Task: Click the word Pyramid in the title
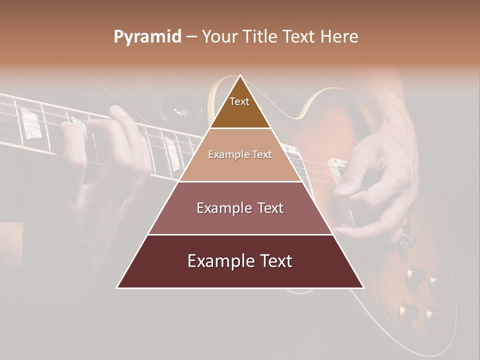click(x=147, y=37)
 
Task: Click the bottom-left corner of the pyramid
click(x=118, y=287)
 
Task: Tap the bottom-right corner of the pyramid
click(x=363, y=287)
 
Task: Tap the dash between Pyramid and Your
click(x=191, y=37)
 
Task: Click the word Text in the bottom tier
click(x=276, y=261)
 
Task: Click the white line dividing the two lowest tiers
click(x=240, y=234)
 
